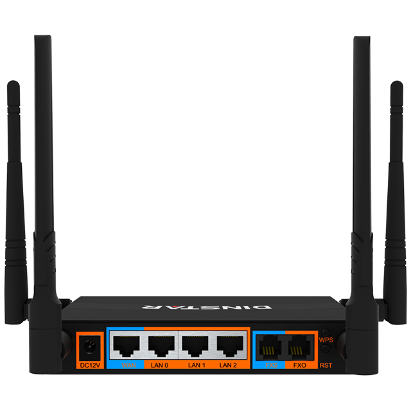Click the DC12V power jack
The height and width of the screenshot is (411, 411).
point(90,348)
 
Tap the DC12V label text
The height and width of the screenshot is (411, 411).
point(90,366)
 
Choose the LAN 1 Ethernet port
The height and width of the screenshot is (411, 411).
point(195,347)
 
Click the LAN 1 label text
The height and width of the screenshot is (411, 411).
point(195,366)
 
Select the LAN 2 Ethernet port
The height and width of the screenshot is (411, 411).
point(229,347)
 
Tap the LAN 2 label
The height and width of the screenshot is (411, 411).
point(229,366)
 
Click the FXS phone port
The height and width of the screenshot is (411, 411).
point(268,349)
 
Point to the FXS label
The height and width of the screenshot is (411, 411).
point(268,366)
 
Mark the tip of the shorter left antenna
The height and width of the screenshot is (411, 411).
point(12,83)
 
